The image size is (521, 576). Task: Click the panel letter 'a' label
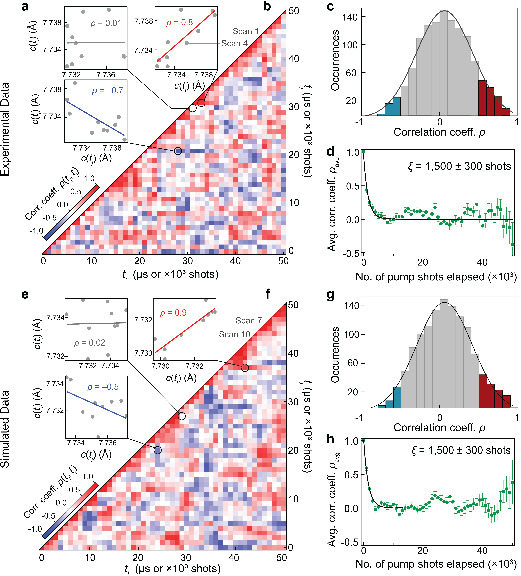tap(25, 6)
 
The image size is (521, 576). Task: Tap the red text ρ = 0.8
tap(179, 22)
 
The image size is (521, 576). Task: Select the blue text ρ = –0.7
tap(107, 91)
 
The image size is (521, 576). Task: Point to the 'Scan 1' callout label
tap(246, 31)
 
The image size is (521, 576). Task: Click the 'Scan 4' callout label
tap(234, 43)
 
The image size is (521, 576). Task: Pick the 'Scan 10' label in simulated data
tap(234, 334)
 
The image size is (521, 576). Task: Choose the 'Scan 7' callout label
tap(248, 321)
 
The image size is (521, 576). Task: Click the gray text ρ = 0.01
tap(106, 23)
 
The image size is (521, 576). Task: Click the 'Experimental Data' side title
tap(5, 129)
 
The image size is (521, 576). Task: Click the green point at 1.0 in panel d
tap(363, 152)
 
